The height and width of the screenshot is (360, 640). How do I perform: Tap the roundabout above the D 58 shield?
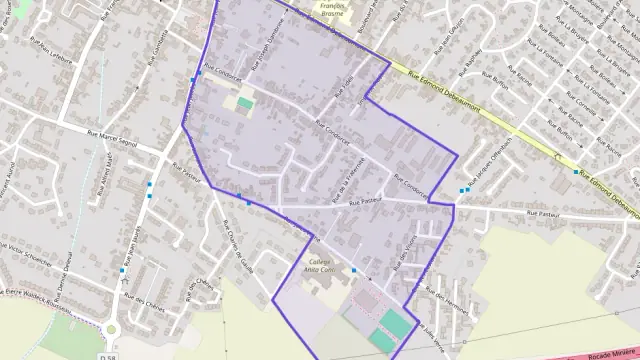(110, 329)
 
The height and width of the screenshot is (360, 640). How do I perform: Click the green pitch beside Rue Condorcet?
(245, 102)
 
